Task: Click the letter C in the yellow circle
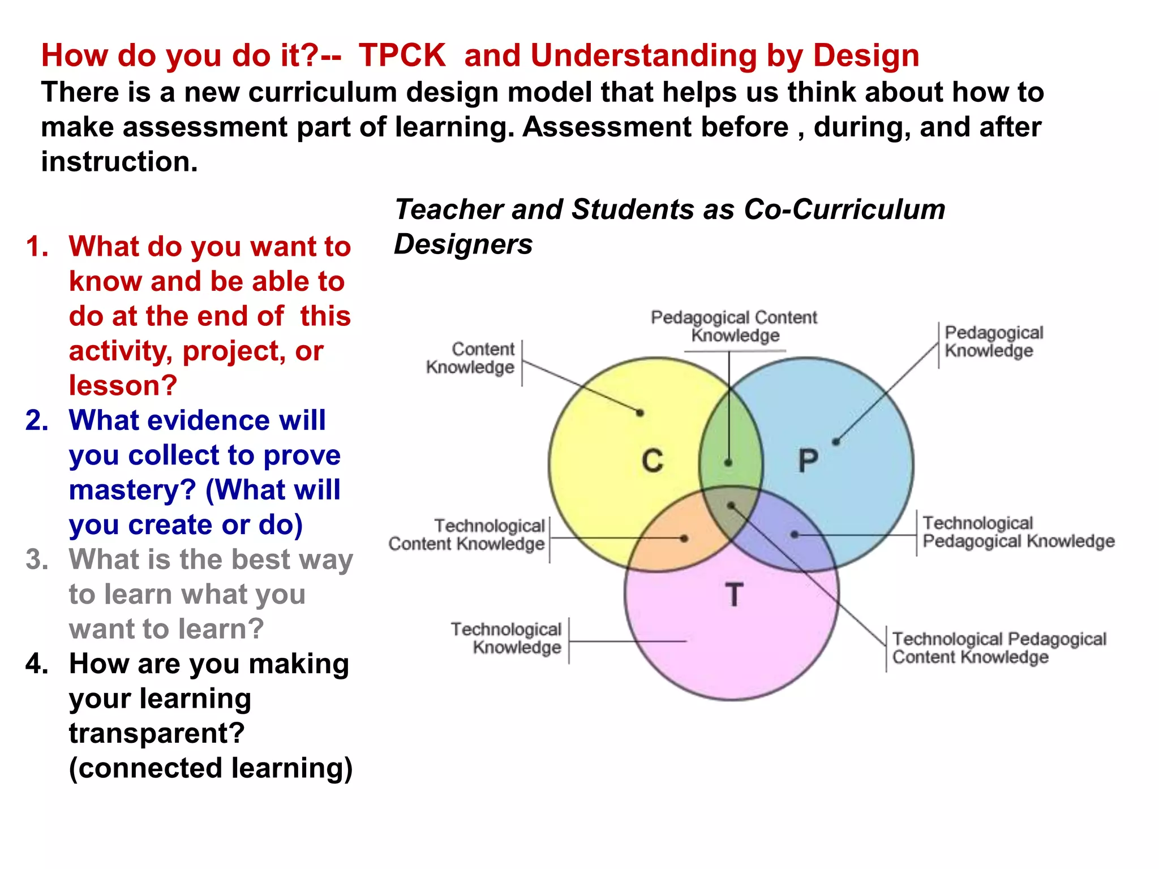coord(652,461)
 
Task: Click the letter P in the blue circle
coord(808,461)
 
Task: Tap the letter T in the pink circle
coord(734,595)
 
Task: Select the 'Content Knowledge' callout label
coord(471,358)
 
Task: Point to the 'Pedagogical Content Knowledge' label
coord(734,326)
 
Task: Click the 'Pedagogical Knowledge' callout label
coord(993,342)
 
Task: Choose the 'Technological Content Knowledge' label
coord(467,535)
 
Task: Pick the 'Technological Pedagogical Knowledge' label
coord(1018,532)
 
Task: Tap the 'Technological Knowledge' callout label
coord(506,638)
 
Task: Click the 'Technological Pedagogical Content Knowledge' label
coord(999,648)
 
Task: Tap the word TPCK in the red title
coord(402,55)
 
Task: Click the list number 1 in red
coord(37,247)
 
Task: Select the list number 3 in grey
coord(37,560)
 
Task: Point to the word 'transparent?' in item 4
coord(157,734)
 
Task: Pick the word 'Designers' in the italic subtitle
coord(463,244)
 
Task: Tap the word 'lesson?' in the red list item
coord(123,386)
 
